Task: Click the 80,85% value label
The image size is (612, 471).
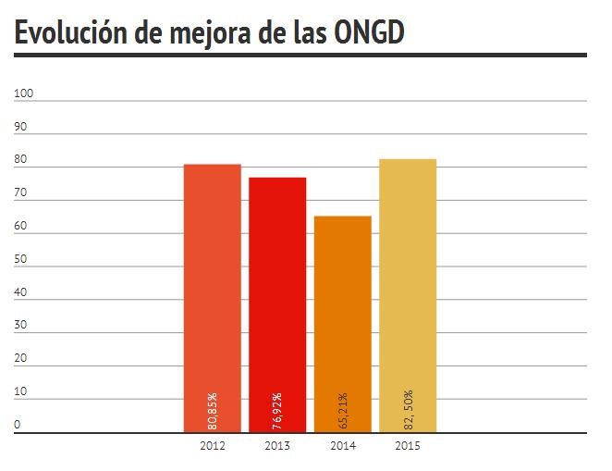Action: coord(213,410)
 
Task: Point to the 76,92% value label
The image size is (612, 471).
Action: coord(277,410)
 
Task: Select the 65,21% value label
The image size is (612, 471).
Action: coord(343,410)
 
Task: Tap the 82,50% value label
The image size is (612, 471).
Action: coord(408,408)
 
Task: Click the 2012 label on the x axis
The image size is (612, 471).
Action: coord(212,446)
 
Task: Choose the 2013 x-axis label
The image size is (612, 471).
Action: coord(277,446)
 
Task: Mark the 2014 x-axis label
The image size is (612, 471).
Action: coord(343,446)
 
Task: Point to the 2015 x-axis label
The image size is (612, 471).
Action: coord(408,446)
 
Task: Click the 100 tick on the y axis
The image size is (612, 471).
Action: coord(24,93)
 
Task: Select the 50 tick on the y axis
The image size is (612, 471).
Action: coord(21,260)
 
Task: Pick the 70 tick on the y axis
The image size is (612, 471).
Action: coord(21,193)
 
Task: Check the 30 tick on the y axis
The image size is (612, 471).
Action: coord(21,326)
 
